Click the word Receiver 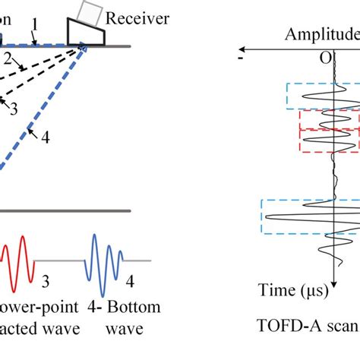pos(137,17)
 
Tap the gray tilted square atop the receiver pos(90,11)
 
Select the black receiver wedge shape pos(84,33)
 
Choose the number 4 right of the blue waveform pos(130,283)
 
